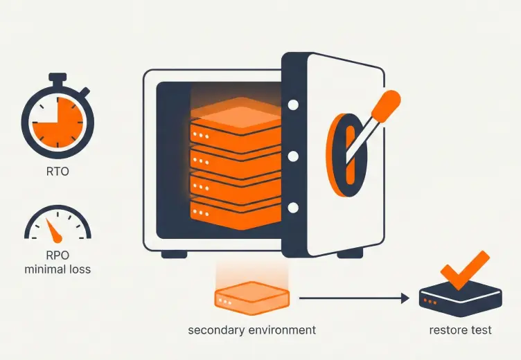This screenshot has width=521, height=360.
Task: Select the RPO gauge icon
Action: point(57,224)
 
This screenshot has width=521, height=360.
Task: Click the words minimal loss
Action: point(58,268)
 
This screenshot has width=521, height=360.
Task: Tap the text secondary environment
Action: point(251,330)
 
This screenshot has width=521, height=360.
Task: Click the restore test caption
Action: point(460,330)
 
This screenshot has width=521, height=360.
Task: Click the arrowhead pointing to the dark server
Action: point(405,298)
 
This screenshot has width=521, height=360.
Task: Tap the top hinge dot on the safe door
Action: point(293,105)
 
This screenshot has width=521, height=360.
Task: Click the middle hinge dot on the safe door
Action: point(293,156)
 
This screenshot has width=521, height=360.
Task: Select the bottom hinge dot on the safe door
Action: point(293,206)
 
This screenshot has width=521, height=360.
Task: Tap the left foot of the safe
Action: point(175,254)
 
